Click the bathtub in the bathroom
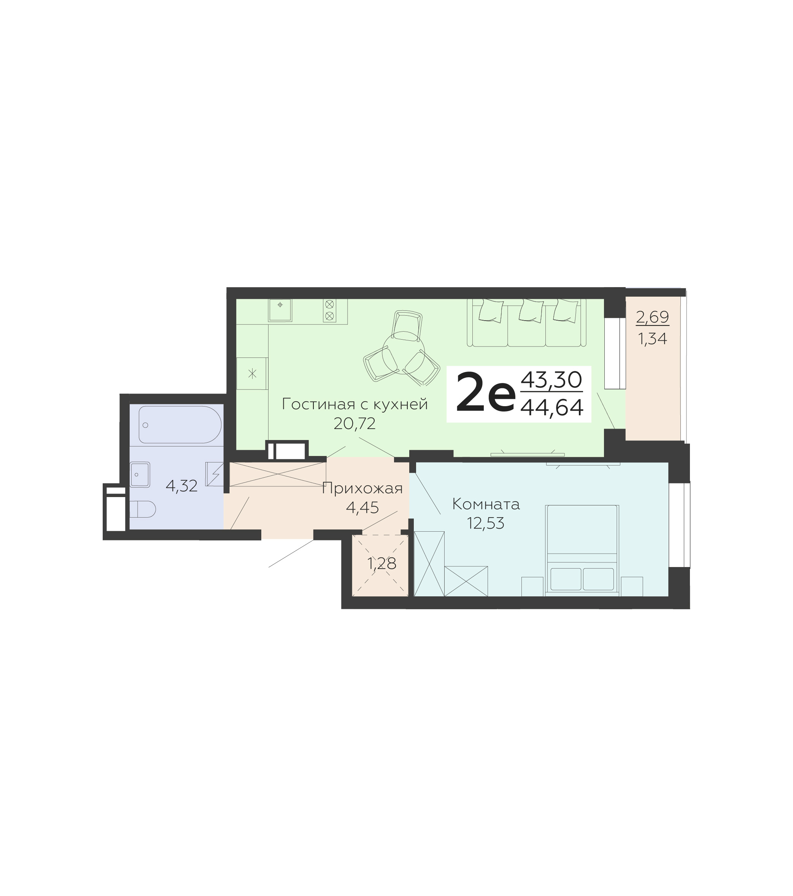(x=180, y=424)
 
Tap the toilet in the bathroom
(x=143, y=509)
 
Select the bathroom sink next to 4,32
(x=140, y=475)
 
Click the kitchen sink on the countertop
(x=280, y=310)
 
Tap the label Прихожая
(x=362, y=488)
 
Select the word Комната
(x=486, y=504)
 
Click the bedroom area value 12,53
(x=486, y=523)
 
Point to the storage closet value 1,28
(x=382, y=564)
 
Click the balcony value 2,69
(x=652, y=317)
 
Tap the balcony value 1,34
(x=652, y=339)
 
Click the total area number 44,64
(x=552, y=407)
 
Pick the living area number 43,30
(x=551, y=380)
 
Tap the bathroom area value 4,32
(x=181, y=486)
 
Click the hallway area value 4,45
(x=362, y=508)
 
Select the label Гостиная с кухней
(x=354, y=404)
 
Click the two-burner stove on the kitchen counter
(x=330, y=310)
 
